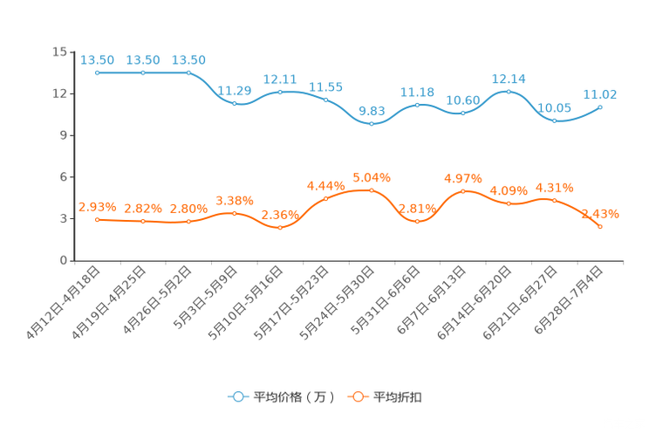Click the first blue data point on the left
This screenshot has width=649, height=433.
tap(98, 73)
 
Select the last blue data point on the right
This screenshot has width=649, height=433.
tap(600, 107)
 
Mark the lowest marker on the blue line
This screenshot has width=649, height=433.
tap(372, 125)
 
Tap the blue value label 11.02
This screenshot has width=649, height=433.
tap(600, 93)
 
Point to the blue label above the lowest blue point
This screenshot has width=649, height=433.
tap(372, 111)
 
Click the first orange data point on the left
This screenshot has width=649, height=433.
tap(98, 220)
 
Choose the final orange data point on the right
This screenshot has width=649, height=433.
tap(600, 228)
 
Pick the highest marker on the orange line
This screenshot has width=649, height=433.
tap(372, 190)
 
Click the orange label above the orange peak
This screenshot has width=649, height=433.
tap(372, 177)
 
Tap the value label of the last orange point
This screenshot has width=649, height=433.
tap(600, 213)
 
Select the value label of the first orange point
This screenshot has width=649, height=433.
tap(98, 206)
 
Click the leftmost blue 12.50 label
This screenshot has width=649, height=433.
tap(98, 59)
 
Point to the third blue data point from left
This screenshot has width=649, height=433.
tap(188, 72)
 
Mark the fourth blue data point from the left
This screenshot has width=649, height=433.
tap(234, 103)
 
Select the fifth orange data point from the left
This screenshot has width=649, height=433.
tap(280, 229)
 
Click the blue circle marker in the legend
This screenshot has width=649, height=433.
tap(238, 396)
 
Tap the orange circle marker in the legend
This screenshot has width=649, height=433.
tap(358, 396)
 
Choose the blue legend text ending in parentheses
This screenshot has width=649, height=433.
tap(294, 397)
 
